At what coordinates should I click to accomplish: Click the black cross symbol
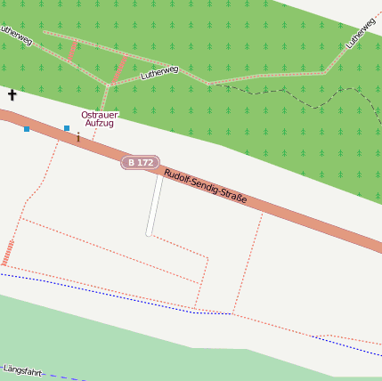point(12,94)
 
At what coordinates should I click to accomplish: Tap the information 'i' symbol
point(78,137)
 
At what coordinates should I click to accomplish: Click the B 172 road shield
point(140,162)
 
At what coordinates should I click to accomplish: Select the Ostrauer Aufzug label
point(100,118)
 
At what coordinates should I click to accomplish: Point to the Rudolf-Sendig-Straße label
point(205,186)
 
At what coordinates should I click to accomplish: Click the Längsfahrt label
point(21,369)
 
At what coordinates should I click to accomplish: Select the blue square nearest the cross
point(27,129)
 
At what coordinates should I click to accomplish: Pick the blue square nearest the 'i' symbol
point(67,128)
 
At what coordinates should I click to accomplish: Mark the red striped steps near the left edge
point(8,252)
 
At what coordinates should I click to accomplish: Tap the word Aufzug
point(100,123)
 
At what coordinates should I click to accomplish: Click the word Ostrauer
point(100,114)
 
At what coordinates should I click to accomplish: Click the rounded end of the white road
point(150,233)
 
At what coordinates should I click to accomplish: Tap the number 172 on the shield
point(146,162)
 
